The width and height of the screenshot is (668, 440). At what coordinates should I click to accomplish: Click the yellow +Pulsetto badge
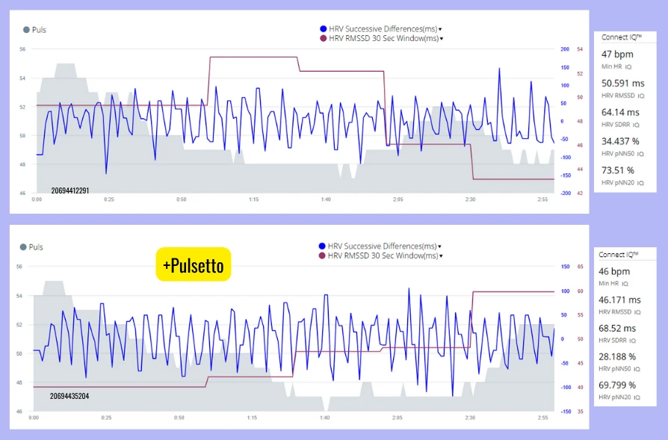pyautogui.click(x=194, y=264)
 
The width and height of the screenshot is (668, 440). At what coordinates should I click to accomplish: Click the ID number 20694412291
pyautogui.click(x=70, y=190)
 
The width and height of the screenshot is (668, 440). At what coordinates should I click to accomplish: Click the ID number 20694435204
pyautogui.click(x=70, y=396)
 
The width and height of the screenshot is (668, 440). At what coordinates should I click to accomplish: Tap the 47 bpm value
pyautogui.click(x=617, y=55)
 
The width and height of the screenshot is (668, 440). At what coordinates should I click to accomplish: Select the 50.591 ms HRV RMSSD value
pyautogui.click(x=623, y=84)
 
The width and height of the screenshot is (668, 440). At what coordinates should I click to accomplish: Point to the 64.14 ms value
pyautogui.click(x=622, y=112)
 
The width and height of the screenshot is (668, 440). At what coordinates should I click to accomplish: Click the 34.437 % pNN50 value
pyautogui.click(x=620, y=141)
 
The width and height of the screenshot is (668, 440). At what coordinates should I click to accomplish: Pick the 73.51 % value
pyautogui.click(x=618, y=170)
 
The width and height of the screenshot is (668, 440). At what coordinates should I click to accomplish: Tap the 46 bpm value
pyautogui.click(x=615, y=271)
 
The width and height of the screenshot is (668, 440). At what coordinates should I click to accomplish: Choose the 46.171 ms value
pyautogui.click(x=621, y=300)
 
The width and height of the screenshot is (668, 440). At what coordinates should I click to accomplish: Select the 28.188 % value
pyautogui.click(x=619, y=357)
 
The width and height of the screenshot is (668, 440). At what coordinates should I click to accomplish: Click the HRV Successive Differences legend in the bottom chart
pyautogui.click(x=381, y=246)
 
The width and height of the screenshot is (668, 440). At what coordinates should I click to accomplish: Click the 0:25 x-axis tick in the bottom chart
pyautogui.click(x=108, y=418)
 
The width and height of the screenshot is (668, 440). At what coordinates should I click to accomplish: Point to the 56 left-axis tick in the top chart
pyautogui.click(x=22, y=49)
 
